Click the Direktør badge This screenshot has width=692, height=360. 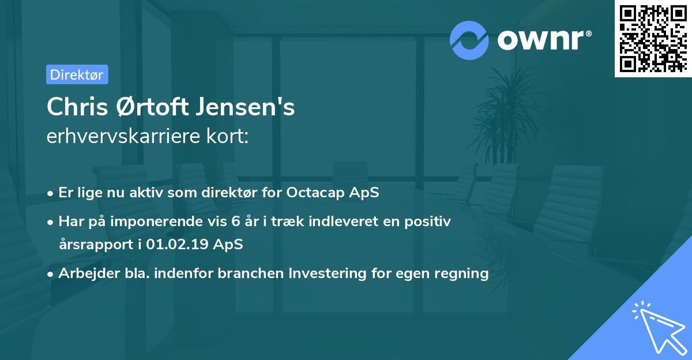(x=77, y=74)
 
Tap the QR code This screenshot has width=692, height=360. (x=652, y=38)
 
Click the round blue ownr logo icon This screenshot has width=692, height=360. (x=469, y=40)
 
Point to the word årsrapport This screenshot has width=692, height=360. (x=94, y=244)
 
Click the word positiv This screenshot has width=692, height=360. (x=431, y=221)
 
